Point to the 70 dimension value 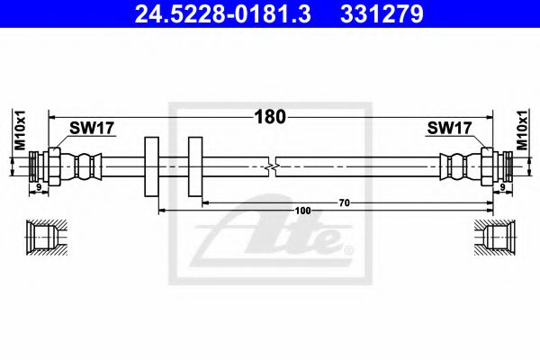coord(344,203)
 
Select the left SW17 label coord(93,129)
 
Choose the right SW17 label coord(448,129)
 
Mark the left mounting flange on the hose coord(149,167)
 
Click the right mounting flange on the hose coord(195,167)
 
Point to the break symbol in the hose coord(272,166)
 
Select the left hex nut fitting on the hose coord(54,166)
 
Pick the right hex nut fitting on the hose coord(486,166)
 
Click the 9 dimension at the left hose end coord(38,187)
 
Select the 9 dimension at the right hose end coord(501,187)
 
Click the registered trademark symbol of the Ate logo coord(348,248)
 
